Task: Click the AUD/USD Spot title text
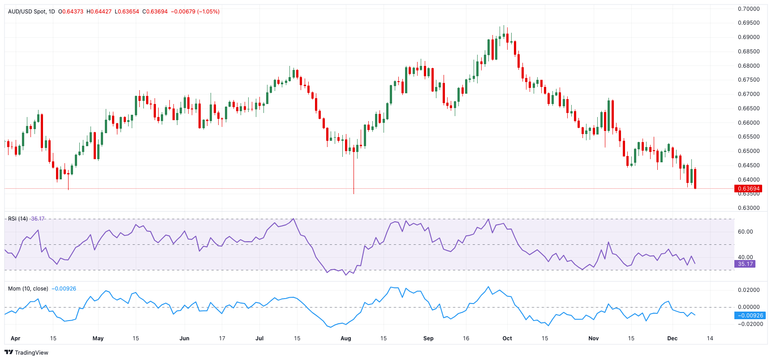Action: [27, 12]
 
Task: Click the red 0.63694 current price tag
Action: [748, 189]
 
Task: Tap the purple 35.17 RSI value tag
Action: [745, 264]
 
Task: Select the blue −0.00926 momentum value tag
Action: [750, 316]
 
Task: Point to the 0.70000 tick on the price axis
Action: [748, 9]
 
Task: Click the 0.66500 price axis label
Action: [748, 108]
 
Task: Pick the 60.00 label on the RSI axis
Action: [745, 232]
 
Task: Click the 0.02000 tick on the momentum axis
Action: [748, 290]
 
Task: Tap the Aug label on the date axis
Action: [345, 338]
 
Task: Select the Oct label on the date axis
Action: [507, 338]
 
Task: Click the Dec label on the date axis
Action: [672, 338]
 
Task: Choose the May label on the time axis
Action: [98, 338]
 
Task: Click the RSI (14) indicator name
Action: [18, 219]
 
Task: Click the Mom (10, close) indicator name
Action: [28, 289]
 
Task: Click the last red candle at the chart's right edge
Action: [695, 178]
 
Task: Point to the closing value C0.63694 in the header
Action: [155, 12]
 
